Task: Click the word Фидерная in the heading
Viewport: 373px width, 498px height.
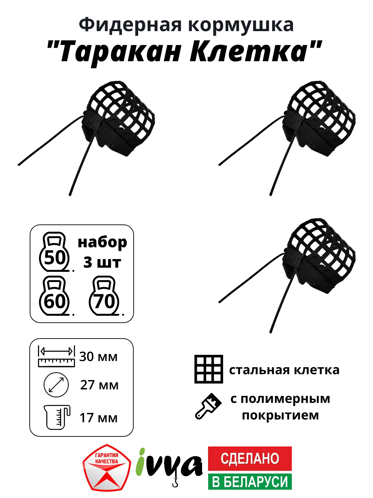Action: pos(130,25)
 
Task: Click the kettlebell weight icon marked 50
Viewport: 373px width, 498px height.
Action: pos(55,252)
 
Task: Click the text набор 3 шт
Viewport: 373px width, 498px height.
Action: pos(102,252)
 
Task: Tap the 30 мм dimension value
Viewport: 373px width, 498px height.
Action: pos(98,357)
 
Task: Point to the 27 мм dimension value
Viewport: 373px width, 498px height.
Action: pos(99,385)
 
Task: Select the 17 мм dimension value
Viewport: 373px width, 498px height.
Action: pos(98,418)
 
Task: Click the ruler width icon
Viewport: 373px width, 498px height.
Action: pos(56,356)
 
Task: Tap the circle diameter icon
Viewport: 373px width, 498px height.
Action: pos(56,385)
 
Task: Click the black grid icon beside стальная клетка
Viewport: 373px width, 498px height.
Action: pos(209,369)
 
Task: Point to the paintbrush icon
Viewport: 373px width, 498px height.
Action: pos(208,406)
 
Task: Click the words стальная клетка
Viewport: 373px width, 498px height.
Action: pos(284,370)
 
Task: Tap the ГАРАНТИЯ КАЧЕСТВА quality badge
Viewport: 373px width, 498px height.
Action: pos(107,468)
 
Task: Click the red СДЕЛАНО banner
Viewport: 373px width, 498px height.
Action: pos(250,458)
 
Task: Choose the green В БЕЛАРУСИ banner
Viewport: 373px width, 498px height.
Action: pos(250,481)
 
